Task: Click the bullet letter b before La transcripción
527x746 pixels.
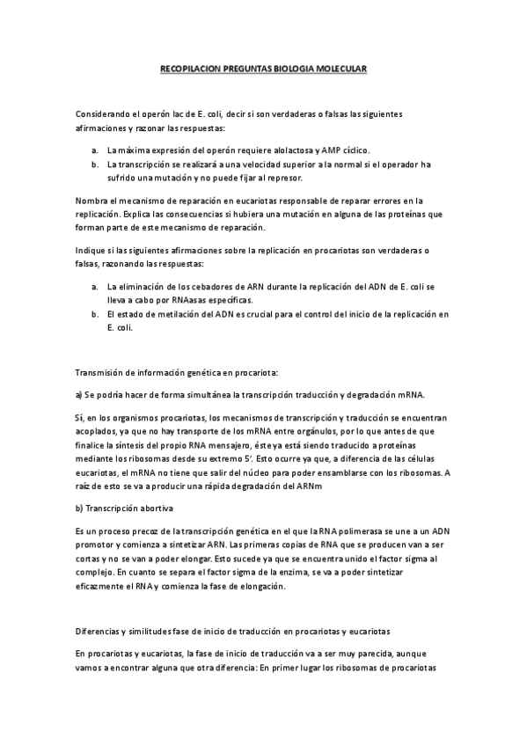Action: click(94, 165)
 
